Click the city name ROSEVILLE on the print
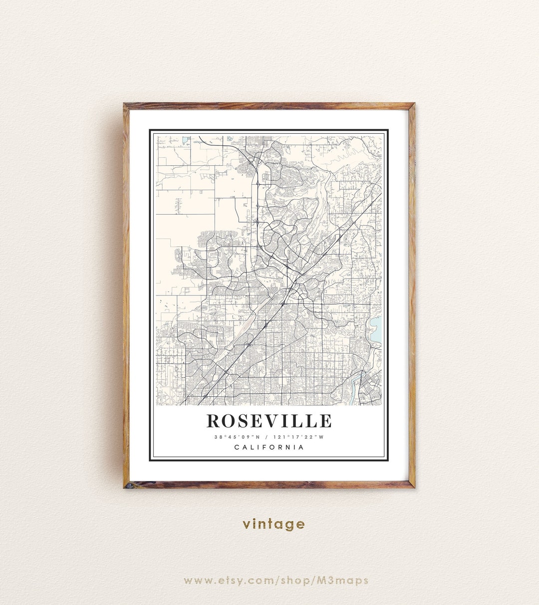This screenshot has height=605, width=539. pyautogui.click(x=269, y=421)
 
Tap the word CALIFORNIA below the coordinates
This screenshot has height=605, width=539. pyautogui.click(x=269, y=447)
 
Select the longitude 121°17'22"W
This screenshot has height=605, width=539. pyautogui.click(x=298, y=437)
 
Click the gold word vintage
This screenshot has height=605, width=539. pyautogui.click(x=273, y=524)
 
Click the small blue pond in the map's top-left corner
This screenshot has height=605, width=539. pyautogui.click(x=184, y=139)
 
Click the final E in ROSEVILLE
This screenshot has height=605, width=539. pyautogui.click(x=326, y=421)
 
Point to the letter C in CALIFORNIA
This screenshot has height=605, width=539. pyautogui.click(x=237, y=447)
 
